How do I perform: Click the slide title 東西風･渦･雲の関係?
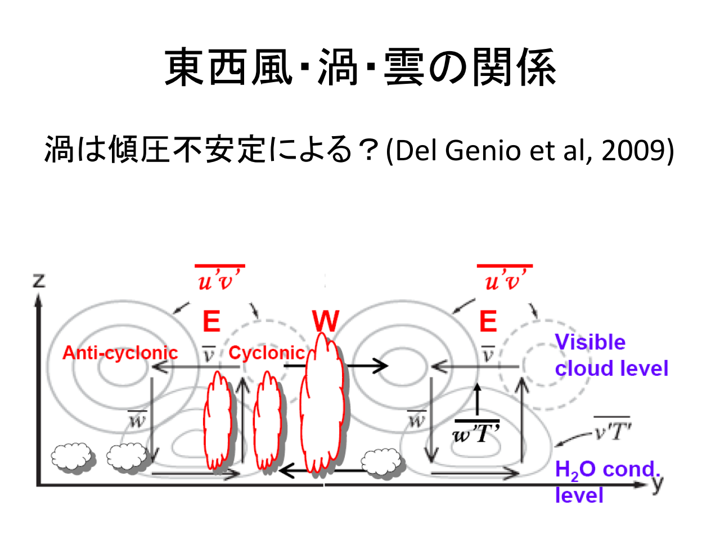coord(360,67)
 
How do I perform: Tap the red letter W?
coord(326,321)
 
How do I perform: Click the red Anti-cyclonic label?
coord(120,353)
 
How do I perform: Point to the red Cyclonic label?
coord(266,353)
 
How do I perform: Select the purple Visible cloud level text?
coord(611,355)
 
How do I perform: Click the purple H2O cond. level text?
coord(606,481)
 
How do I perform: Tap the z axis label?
coord(39,280)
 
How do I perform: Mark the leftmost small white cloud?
coord(72,457)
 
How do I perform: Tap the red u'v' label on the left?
coord(219,278)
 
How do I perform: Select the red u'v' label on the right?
coord(505,278)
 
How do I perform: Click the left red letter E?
coord(211,322)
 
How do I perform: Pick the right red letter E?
coord(488,322)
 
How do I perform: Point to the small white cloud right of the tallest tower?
coord(383,462)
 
